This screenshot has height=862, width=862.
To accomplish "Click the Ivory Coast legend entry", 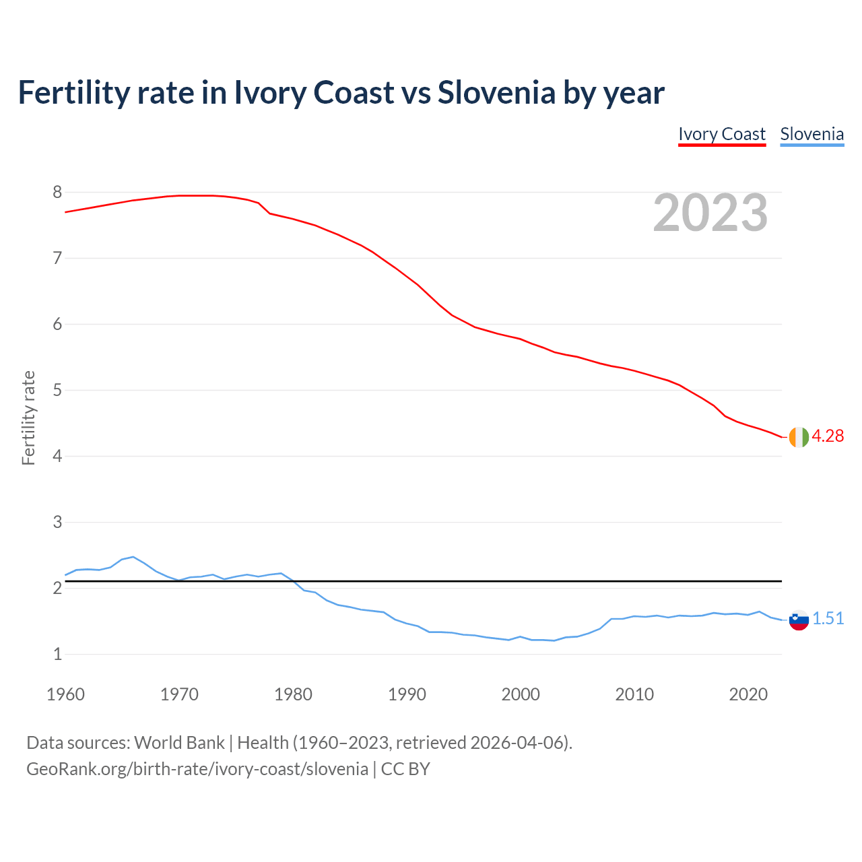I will [x=722, y=134].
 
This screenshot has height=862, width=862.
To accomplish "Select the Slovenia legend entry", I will [x=811, y=134].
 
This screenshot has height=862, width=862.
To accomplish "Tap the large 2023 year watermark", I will [x=710, y=213].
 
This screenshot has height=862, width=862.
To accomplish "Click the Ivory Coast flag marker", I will [x=798, y=437].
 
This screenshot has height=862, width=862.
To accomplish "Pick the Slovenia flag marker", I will [x=798, y=620].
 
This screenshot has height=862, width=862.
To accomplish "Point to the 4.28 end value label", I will [x=828, y=436].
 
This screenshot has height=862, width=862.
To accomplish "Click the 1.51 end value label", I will [x=828, y=619].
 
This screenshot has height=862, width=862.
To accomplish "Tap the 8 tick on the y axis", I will [x=57, y=193].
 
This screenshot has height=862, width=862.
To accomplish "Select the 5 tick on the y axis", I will [x=57, y=391].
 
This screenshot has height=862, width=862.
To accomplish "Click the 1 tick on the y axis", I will [x=57, y=655].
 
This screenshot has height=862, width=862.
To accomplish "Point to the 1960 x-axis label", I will [x=65, y=694].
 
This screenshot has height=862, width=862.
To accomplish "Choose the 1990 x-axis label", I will [x=407, y=694].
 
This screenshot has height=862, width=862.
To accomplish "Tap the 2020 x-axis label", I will [x=748, y=694].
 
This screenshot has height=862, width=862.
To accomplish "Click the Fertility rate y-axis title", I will [x=28, y=418].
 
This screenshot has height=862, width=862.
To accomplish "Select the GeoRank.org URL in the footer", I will [x=197, y=769].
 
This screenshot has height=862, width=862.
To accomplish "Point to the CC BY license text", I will [x=405, y=769].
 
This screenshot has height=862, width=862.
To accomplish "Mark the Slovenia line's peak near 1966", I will [x=133, y=557].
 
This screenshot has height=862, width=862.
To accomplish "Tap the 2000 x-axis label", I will [x=521, y=694].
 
